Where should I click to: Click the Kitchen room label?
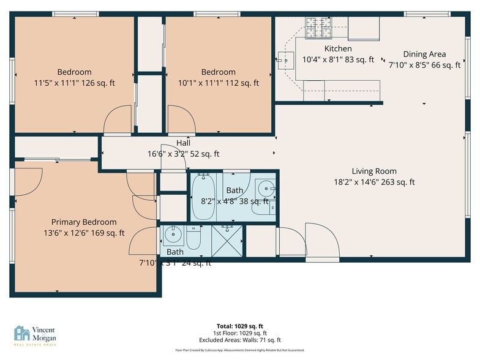[338, 48]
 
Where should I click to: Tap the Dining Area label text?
[424, 54]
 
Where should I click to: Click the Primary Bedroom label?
[83, 222]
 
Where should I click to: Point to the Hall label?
[183, 143]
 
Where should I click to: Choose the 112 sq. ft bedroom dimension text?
[218, 83]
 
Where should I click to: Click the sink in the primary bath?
[173, 233]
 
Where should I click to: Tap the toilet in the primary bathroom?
[193, 238]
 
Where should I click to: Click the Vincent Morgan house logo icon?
[22, 333]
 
